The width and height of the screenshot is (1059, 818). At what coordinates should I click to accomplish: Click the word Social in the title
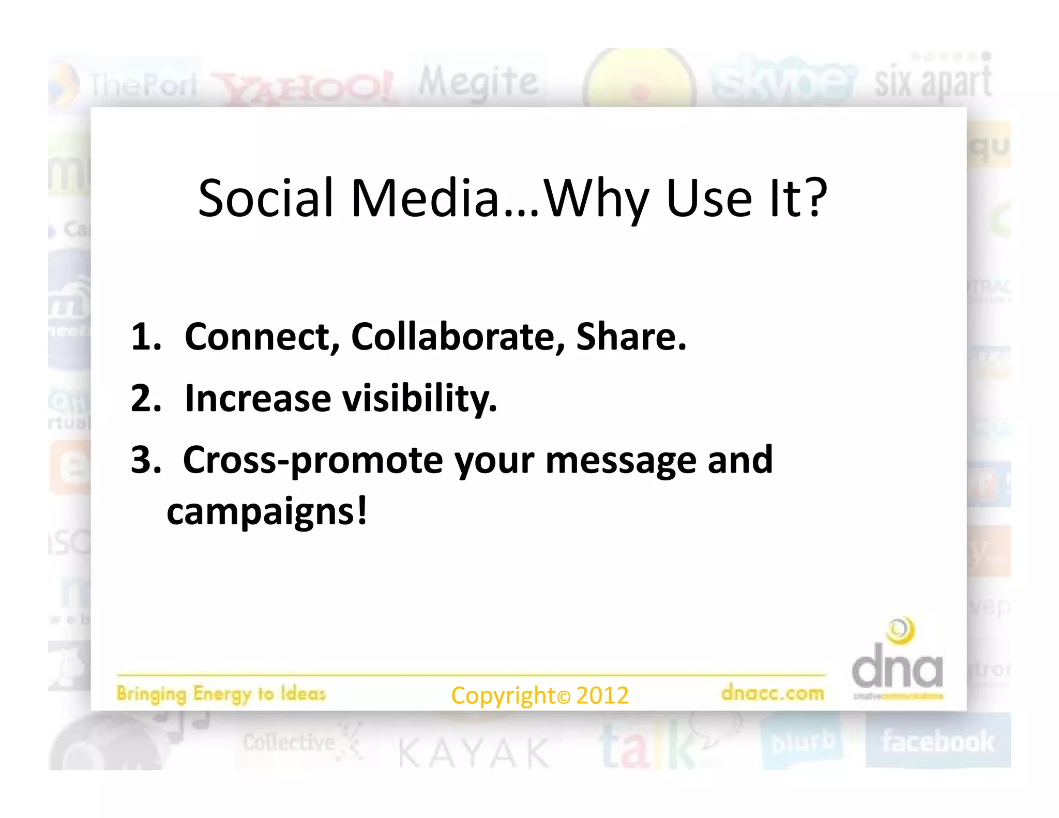pyautogui.click(x=266, y=199)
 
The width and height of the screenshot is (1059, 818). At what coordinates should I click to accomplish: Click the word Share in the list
pyautogui.click(x=631, y=337)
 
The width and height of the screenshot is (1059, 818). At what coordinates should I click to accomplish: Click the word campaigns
pyautogui.click(x=266, y=512)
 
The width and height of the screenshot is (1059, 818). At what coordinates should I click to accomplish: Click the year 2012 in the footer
pyautogui.click(x=602, y=695)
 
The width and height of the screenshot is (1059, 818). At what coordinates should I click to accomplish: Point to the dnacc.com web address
pyautogui.click(x=773, y=693)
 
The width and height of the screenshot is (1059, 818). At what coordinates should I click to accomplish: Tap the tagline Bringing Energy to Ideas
pyautogui.click(x=221, y=694)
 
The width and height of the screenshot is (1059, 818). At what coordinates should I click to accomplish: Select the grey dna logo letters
pyautogui.click(x=897, y=671)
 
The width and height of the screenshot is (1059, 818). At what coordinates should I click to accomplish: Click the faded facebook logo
pyautogui.click(x=937, y=741)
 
